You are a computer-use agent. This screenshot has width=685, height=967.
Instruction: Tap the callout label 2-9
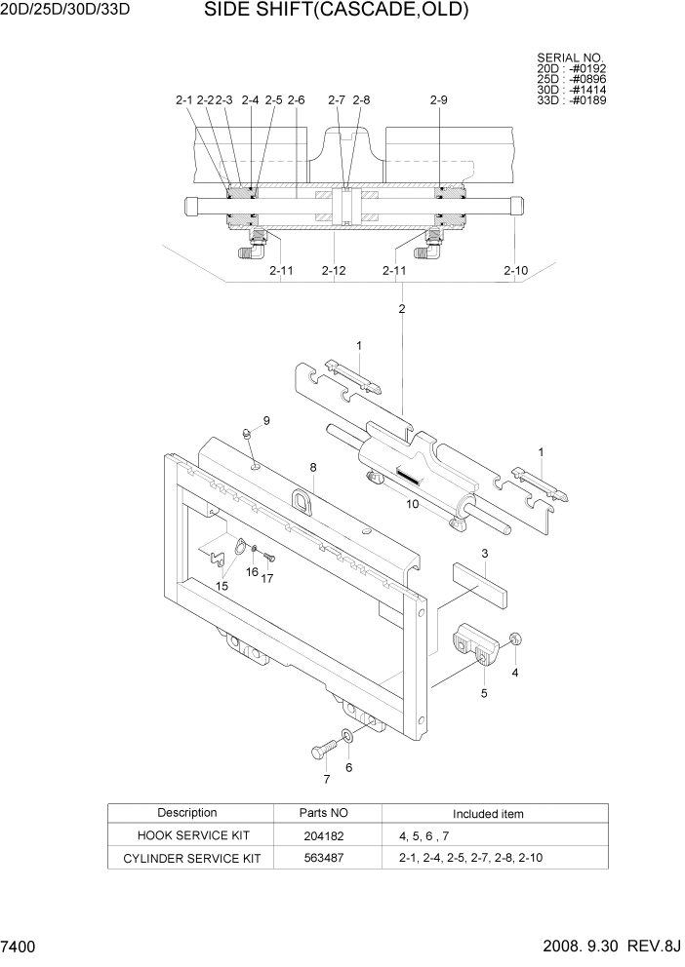438,100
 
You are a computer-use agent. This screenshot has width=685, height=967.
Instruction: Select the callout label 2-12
334,270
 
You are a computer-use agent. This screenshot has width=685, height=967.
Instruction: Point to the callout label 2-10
515,270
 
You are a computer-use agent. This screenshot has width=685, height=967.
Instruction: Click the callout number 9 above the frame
265,420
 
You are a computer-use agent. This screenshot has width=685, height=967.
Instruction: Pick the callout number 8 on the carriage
313,468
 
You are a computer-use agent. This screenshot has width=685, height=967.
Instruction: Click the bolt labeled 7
323,752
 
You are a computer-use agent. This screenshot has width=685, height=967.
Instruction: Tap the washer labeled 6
348,734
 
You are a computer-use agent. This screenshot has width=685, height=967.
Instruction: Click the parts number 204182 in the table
323,836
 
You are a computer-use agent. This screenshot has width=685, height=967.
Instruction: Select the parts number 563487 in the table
323,859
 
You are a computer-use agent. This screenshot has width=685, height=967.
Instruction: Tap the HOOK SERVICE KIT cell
193,836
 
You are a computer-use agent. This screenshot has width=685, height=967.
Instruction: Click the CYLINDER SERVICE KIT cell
193,859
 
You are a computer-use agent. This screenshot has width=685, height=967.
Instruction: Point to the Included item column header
488,814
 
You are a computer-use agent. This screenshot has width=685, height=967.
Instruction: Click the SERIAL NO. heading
570,58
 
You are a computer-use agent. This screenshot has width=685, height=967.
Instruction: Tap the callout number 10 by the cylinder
413,504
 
